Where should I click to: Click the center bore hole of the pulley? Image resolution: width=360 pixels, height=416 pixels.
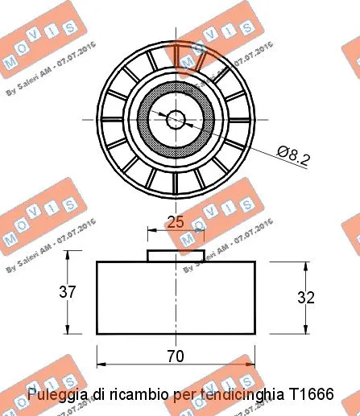[176, 118]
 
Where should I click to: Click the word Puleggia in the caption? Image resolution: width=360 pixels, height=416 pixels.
[59, 395]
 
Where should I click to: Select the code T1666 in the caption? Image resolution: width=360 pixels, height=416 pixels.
[312, 395]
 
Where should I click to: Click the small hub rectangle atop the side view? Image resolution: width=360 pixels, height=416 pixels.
[175, 255]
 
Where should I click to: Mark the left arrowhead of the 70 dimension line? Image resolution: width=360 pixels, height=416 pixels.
[100, 364]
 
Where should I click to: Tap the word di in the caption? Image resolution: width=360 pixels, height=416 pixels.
[98, 395]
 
